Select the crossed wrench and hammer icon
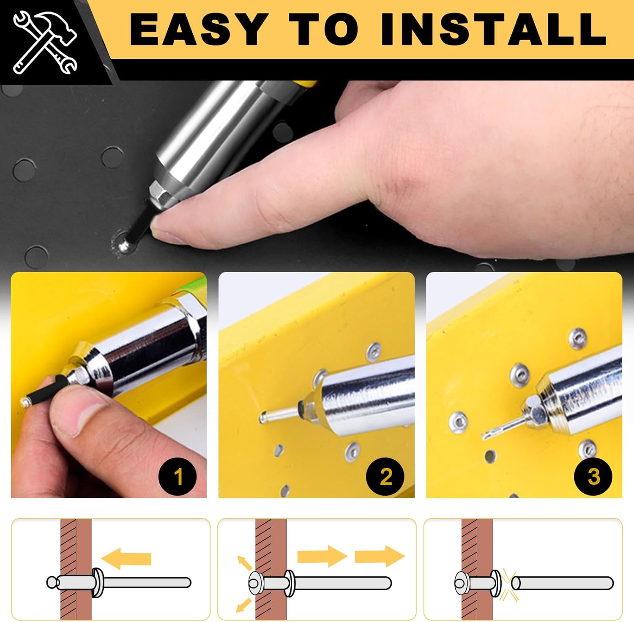44,42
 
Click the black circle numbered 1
178,477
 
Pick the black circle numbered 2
385,477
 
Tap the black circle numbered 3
593,477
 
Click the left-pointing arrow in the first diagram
126,559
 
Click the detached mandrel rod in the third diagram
562,584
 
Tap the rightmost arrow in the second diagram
380,557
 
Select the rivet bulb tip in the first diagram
52,582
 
